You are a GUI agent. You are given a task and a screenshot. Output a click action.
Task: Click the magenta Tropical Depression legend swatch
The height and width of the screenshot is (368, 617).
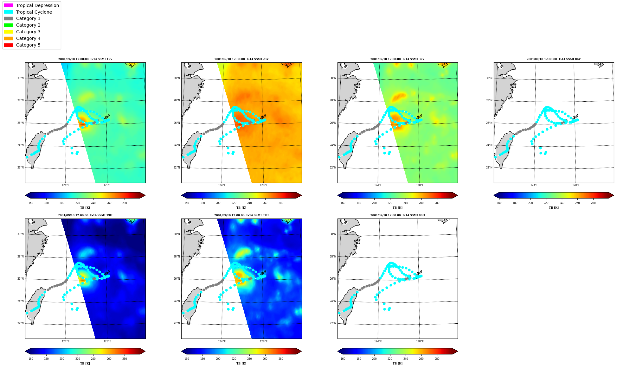[x=9, y=5]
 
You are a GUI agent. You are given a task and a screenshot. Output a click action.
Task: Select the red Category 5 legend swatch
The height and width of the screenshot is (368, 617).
[x=9, y=45]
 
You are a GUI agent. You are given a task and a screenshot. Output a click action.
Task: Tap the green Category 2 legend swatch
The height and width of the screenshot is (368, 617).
[x=9, y=25]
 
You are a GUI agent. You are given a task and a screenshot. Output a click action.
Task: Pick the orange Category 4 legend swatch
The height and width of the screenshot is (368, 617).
[x=9, y=38]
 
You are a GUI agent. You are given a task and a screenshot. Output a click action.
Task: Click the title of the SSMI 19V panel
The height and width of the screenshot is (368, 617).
[x=85, y=59]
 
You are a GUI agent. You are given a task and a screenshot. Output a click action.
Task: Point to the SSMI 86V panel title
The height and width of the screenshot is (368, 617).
[x=554, y=59]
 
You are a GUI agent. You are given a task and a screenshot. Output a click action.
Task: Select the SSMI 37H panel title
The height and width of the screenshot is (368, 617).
[x=241, y=215]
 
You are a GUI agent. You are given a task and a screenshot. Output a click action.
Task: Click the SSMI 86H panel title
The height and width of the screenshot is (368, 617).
[x=398, y=215]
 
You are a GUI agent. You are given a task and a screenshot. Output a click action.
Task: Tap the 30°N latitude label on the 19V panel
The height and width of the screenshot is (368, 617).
[x=20, y=78]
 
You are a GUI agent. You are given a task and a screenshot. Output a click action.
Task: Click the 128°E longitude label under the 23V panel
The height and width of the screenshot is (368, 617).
[x=264, y=185]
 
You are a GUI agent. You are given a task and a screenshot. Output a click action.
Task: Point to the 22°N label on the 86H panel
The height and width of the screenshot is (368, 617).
[x=333, y=323]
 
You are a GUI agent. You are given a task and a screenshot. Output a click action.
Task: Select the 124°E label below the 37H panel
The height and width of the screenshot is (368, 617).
[x=222, y=341]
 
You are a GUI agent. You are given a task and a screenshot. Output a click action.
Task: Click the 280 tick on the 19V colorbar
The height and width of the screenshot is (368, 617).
[x=125, y=203]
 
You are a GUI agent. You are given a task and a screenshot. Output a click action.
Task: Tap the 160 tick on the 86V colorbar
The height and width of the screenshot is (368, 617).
[x=499, y=203]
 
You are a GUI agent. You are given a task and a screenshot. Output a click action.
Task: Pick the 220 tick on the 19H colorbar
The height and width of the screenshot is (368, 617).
[x=78, y=359]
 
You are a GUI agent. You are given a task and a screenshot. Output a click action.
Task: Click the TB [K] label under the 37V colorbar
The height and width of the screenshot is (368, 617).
[x=398, y=208]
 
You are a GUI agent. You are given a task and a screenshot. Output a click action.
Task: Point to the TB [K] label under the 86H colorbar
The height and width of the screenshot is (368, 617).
[x=398, y=364]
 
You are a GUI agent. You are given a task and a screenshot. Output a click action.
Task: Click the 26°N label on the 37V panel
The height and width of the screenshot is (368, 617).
[x=333, y=123]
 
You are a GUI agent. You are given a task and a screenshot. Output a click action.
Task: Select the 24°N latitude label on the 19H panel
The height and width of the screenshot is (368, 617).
[x=20, y=301]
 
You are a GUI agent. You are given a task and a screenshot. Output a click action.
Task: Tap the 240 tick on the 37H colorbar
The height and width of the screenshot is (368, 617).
[x=249, y=359]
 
